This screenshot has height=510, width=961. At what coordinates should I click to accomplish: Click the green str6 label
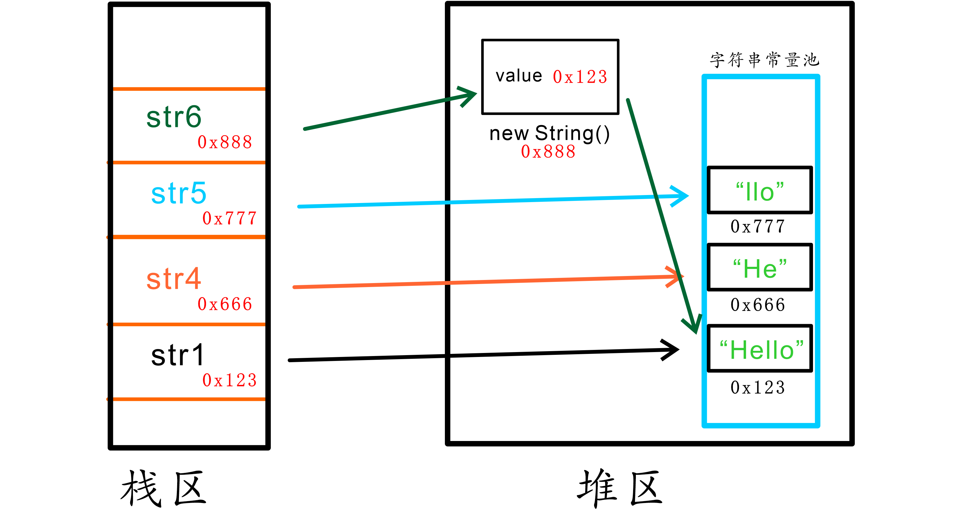click(x=174, y=117)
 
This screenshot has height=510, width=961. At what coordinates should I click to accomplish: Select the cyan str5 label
click(x=178, y=193)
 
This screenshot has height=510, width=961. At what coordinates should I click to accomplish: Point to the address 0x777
click(x=229, y=219)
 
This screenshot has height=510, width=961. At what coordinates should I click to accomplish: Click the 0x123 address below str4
click(x=229, y=380)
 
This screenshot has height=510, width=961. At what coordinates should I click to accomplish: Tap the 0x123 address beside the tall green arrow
click(x=580, y=77)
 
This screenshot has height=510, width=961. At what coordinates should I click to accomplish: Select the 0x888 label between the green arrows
click(x=548, y=151)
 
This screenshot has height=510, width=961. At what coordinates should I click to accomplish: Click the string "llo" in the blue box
click(x=760, y=192)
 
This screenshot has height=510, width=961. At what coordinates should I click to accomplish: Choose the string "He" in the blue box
click(x=760, y=269)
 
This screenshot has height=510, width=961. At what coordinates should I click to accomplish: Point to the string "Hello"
click(x=761, y=350)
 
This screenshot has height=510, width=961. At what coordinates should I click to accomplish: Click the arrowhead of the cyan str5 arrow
click(x=682, y=196)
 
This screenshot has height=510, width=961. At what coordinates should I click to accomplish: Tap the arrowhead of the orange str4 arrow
click(x=677, y=276)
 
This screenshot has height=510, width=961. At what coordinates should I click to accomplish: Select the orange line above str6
click(x=189, y=89)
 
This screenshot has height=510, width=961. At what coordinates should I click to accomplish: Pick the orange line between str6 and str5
click(x=189, y=163)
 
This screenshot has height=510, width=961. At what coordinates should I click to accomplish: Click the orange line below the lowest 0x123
click(x=189, y=399)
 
